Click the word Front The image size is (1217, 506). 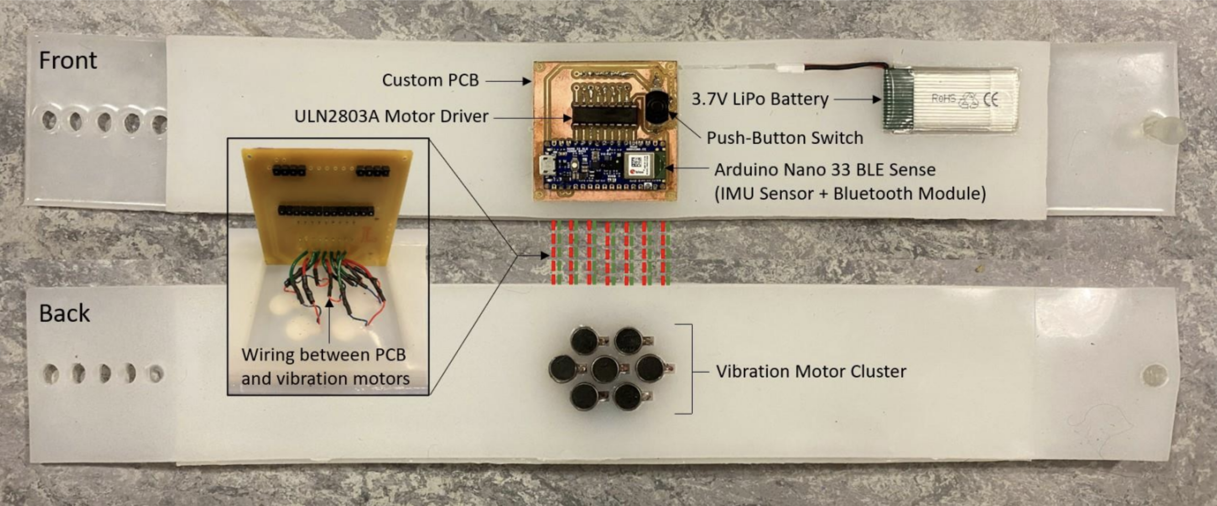(68, 61)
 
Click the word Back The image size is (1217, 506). (64, 314)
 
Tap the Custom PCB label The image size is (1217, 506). (430, 80)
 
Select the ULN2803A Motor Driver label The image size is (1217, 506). (391, 116)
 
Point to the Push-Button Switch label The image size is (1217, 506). (785, 138)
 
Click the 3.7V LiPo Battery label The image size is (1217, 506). (760, 99)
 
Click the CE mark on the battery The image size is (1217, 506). (991, 100)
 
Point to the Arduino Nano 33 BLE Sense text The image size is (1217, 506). (824, 170)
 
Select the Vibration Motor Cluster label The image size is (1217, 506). (811, 372)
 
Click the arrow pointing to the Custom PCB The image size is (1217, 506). (508, 81)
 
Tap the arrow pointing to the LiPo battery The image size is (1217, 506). (858, 99)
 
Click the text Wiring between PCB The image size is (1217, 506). (323, 355)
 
